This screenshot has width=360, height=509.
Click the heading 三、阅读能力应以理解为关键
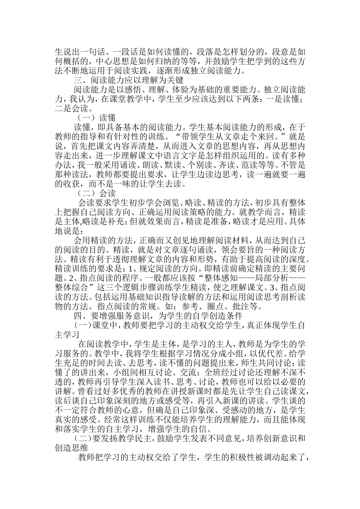[x=128, y=80]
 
